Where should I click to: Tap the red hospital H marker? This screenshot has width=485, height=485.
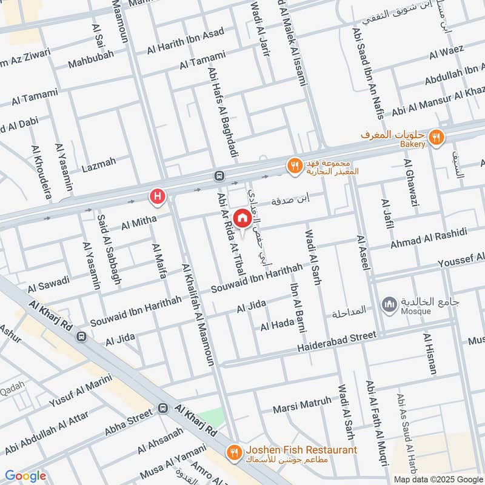pyautogui.click(x=158, y=196)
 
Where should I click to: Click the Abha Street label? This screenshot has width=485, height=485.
pyautogui.click(x=129, y=421)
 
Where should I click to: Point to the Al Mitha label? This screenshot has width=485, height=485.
pyautogui.click(x=135, y=223)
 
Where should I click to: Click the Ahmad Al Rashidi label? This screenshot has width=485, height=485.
pyautogui.click(x=429, y=238)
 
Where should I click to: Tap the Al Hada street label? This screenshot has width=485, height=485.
pyautogui.click(x=277, y=326)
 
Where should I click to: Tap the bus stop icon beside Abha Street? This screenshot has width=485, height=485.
pyautogui.click(x=163, y=409)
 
